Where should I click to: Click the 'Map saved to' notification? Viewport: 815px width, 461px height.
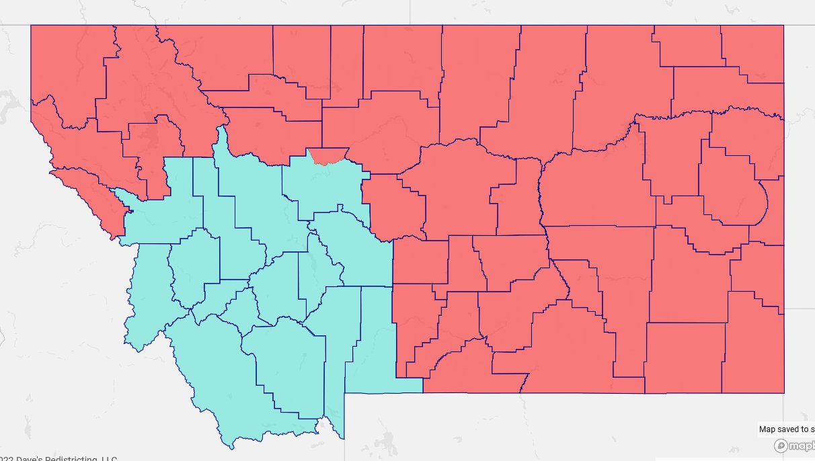(x=785, y=429)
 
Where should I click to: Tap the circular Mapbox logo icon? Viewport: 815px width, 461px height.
(x=781, y=446)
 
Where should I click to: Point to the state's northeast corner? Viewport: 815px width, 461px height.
(x=783, y=26)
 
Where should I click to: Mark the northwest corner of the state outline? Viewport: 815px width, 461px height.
(x=31, y=26)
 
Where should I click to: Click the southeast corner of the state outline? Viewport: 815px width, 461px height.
(x=784, y=392)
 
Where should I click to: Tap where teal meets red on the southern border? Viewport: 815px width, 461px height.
(x=422, y=392)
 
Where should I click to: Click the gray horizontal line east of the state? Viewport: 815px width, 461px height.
(x=800, y=308)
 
